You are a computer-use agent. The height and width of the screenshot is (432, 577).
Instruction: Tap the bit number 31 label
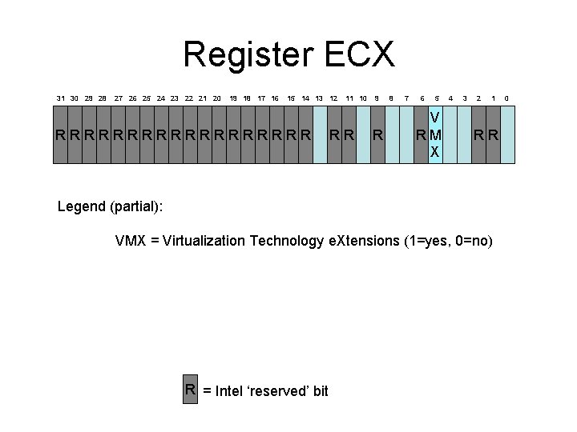(x=61, y=98)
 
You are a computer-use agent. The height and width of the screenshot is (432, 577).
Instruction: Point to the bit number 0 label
(x=506, y=98)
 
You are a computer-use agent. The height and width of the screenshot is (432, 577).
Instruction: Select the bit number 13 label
(x=319, y=98)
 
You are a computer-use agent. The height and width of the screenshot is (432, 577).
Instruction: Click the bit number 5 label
(x=435, y=98)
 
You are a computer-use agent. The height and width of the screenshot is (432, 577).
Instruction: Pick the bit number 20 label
(x=217, y=98)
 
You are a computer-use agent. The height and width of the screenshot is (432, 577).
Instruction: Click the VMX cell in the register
(x=435, y=134)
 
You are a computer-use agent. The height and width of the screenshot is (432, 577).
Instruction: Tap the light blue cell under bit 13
(x=320, y=134)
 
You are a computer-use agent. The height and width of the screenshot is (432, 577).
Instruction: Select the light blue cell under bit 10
(x=363, y=134)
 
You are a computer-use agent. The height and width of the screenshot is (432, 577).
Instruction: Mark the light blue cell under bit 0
(x=507, y=134)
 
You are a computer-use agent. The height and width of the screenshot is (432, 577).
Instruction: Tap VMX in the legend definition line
(x=131, y=241)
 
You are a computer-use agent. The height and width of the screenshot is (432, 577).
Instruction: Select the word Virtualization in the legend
(x=204, y=241)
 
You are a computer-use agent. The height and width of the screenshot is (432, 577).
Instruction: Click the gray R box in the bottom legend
(x=191, y=390)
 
